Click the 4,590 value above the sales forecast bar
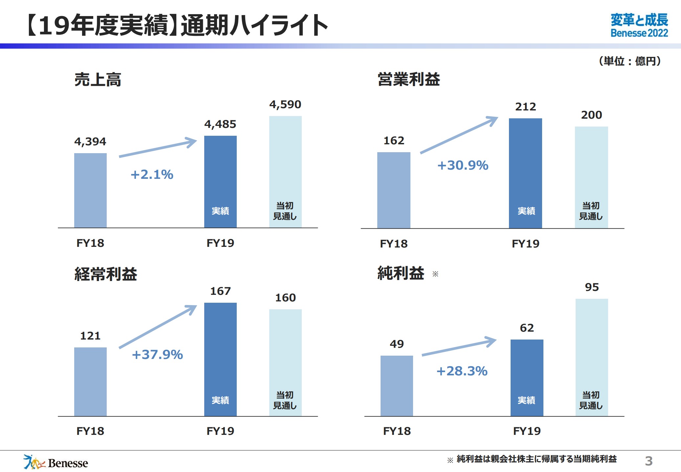pos(285,105)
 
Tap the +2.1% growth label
pos(152,175)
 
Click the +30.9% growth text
pos(463,165)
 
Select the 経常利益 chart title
pos(106,274)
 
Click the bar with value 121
pos(90,381)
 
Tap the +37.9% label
pos(157,355)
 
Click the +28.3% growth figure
pos(462,371)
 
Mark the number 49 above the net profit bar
pos(397,344)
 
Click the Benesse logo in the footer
pos(55,462)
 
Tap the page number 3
pos(648,461)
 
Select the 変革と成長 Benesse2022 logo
pos(639,25)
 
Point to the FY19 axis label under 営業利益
pos(525,244)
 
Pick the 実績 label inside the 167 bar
pos(220,400)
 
